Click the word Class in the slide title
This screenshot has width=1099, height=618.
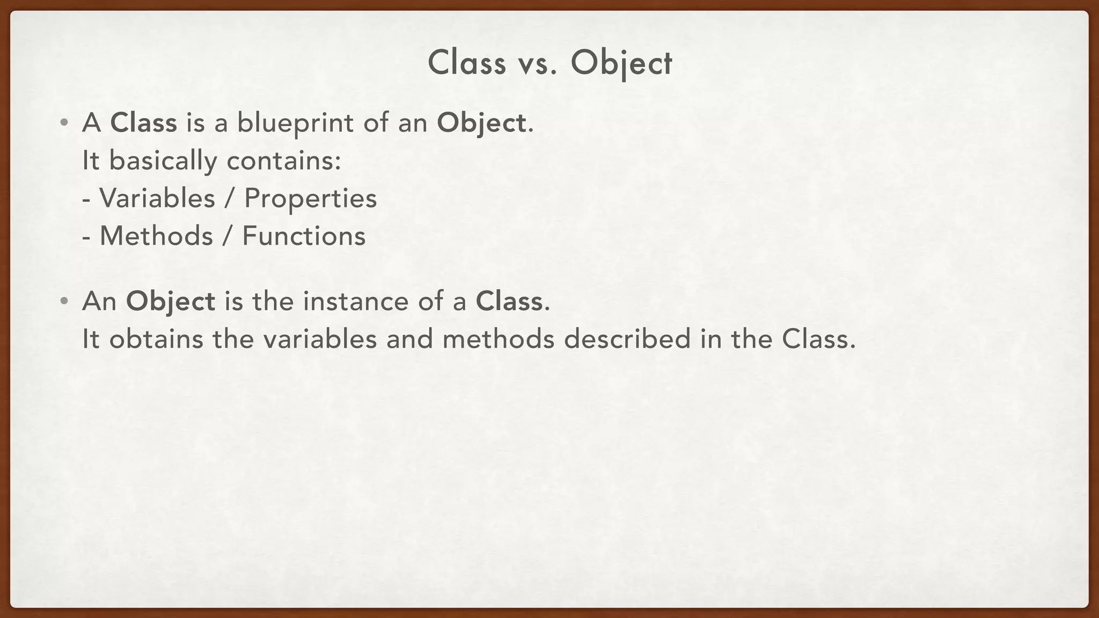(466, 63)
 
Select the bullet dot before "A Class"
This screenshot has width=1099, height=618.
(64, 123)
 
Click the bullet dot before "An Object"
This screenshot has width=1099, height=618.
(64, 301)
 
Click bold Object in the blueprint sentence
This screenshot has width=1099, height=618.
(481, 123)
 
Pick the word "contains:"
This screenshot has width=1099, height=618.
(284, 161)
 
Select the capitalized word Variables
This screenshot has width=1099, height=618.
(157, 198)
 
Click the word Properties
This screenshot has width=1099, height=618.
(311, 199)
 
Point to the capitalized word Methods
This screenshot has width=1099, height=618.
(156, 236)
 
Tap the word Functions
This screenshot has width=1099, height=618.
(304, 236)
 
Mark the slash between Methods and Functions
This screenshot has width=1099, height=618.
(228, 236)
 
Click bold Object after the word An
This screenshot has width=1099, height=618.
(170, 301)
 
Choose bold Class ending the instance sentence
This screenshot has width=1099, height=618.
(509, 301)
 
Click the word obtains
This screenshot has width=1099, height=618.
(156, 339)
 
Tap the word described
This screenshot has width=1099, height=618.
(627, 339)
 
